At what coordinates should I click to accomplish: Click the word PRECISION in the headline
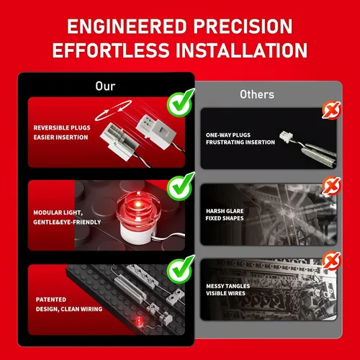243,26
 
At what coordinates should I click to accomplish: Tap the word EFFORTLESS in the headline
111,50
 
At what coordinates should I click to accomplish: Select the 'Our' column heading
105,86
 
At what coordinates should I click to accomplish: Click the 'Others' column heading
257,94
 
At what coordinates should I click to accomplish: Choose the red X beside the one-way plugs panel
332,110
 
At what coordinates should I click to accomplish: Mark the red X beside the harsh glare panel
332,186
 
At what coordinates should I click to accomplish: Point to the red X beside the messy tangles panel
332,261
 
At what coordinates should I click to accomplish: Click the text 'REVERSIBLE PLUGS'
62,127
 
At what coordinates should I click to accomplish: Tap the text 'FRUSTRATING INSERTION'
240,143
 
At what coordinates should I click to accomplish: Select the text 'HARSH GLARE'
225,211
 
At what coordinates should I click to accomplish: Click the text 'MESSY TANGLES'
228,286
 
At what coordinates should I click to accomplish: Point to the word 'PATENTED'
51,300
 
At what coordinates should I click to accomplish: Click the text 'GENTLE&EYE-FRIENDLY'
67,222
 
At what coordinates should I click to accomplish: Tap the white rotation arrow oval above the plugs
113,110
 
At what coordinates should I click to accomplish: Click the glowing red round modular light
138,208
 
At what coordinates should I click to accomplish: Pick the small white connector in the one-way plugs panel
287,137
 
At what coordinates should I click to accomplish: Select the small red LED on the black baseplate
138,321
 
